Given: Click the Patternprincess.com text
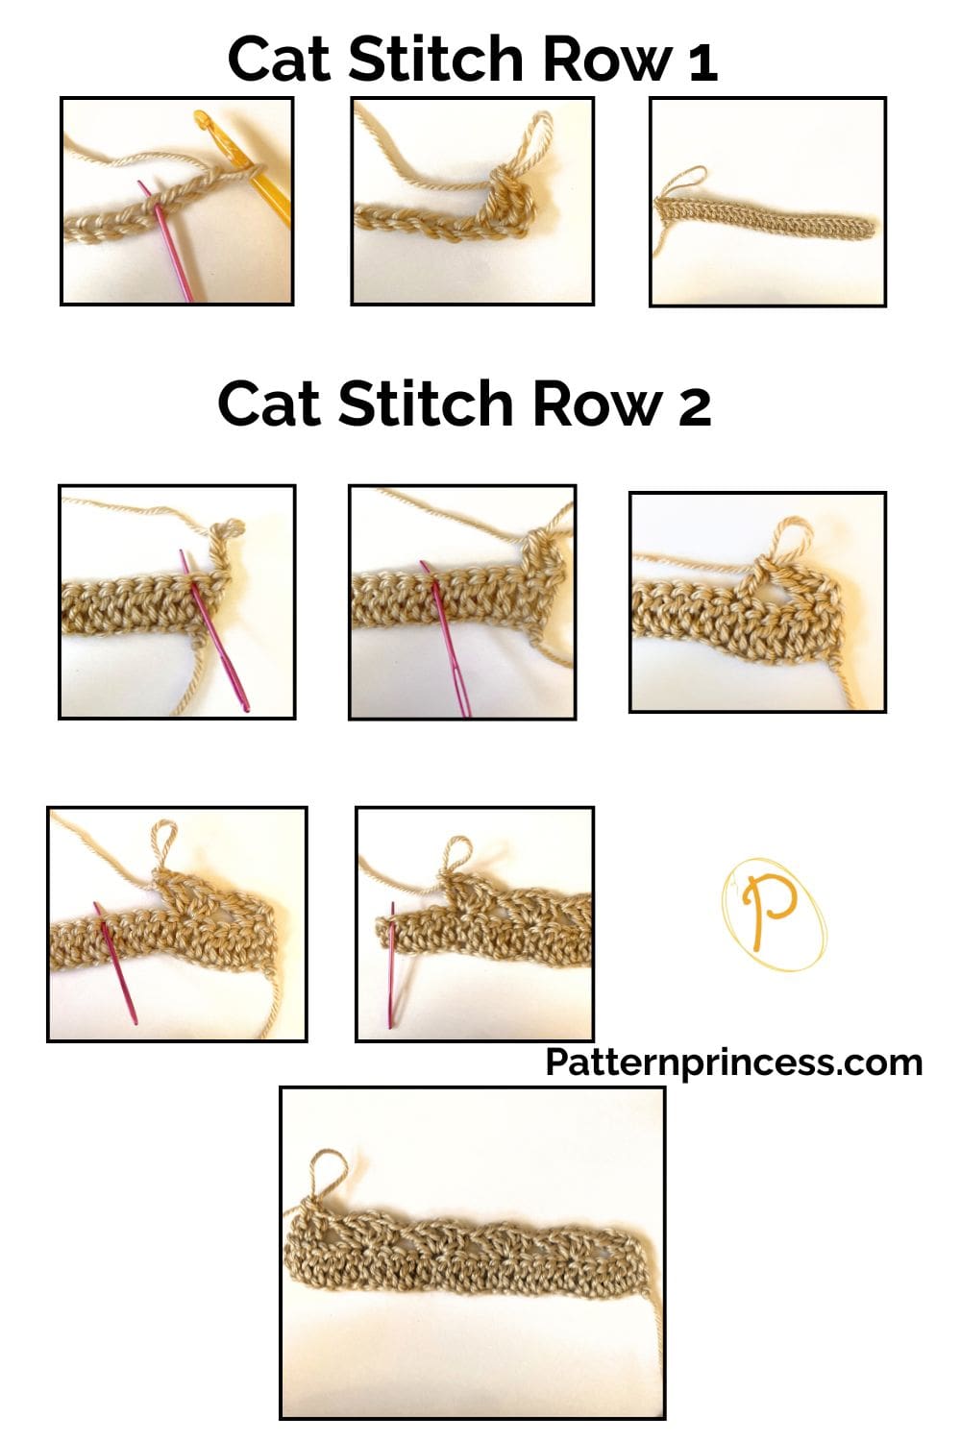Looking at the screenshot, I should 733,1062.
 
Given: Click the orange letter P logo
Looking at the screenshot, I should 775,912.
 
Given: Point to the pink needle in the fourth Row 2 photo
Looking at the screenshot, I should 114,961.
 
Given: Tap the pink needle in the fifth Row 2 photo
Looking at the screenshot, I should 392,961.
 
